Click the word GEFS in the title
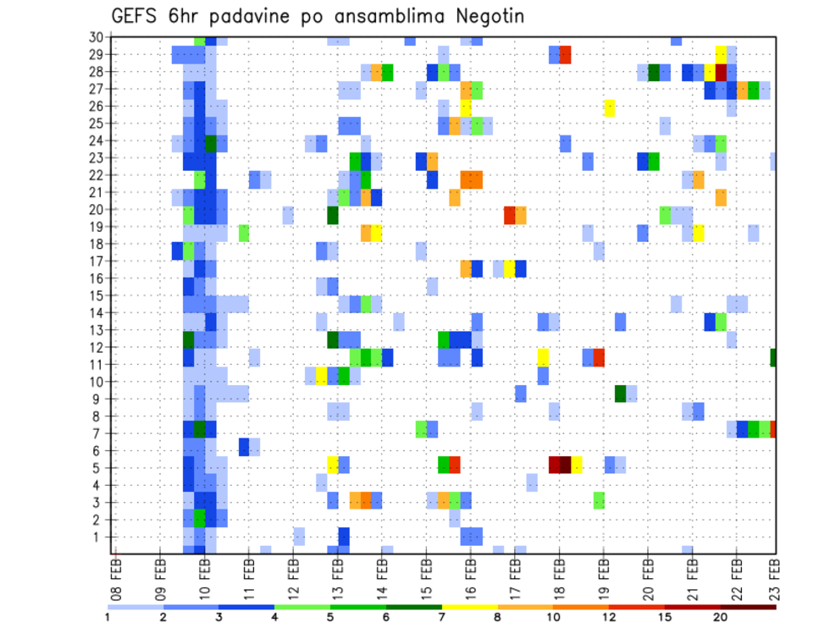point(140,16)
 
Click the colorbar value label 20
point(721,617)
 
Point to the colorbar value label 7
point(441,617)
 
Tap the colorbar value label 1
point(108,617)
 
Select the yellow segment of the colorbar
point(469,606)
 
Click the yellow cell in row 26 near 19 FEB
point(609,107)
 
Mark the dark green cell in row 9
point(621,393)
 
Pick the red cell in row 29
point(565,55)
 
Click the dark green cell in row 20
point(334,214)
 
